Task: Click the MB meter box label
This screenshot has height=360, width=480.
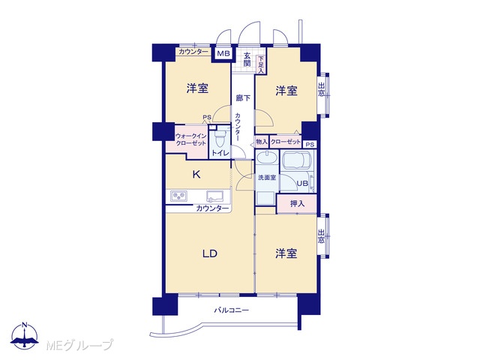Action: click(x=223, y=53)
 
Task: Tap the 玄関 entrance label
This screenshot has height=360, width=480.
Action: click(x=247, y=59)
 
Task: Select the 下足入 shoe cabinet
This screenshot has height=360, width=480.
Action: click(x=261, y=64)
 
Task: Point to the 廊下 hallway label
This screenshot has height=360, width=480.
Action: click(x=243, y=98)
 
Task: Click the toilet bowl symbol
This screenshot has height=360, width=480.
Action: click(x=220, y=140)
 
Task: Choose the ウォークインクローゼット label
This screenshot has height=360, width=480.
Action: click(x=190, y=139)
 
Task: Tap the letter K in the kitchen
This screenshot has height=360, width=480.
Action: click(x=196, y=175)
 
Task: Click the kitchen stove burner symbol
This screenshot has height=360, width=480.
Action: click(x=178, y=196)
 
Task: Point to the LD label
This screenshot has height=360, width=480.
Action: click(x=210, y=253)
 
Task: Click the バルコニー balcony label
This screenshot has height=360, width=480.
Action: click(x=231, y=310)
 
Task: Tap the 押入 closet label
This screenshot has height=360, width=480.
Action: click(x=297, y=203)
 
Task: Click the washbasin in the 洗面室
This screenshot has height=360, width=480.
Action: click(x=267, y=158)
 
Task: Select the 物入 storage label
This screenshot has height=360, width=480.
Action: click(x=262, y=142)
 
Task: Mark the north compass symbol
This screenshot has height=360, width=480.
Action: click(x=25, y=336)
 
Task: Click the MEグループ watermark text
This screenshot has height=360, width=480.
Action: click(x=79, y=345)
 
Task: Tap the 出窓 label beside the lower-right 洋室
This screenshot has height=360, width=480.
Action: click(x=321, y=236)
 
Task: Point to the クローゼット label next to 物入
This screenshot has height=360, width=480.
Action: click(x=286, y=142)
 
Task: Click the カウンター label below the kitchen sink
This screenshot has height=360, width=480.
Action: click(x=212, y=208)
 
